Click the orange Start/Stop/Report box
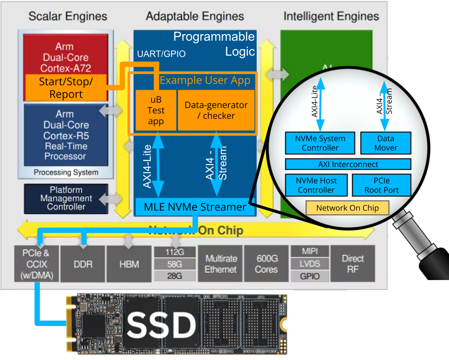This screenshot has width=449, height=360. click(x=66, y=87)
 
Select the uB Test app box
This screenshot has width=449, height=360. click(x=156, y=110)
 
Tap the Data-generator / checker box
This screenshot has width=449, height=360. click(x=216, y=110)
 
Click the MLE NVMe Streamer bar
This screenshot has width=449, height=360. click(x=195, y=207)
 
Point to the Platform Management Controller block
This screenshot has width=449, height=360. click(x=66, y=198)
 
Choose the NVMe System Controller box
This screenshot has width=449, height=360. click(x=320, y=143)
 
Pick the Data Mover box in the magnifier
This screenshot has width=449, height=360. click(x=385, y=143)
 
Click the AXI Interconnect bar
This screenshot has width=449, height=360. click(x=348, y=164)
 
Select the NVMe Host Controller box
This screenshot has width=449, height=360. click(x=316, y=185)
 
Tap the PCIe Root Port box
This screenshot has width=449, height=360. click(x=381, y=185)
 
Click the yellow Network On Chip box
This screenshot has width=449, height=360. click(x=347, y=208)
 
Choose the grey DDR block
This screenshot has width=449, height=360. click(x=83, y=264)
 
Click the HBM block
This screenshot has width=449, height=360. click(x=129, y=264)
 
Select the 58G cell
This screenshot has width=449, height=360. click(x=174, y=264)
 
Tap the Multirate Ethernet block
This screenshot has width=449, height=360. click(x=221, y=264)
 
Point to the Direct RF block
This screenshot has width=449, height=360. click(x=353, y=264)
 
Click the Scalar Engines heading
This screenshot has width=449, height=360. click(x=68, y=17)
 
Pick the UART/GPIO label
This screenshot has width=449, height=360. click(x=161, y=54)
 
